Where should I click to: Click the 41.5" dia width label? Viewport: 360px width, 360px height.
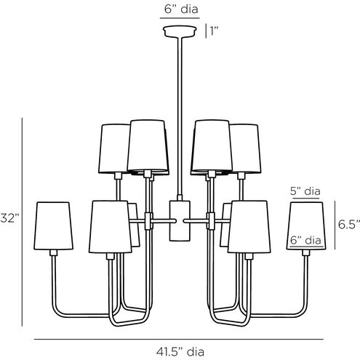click(x=180, y=352)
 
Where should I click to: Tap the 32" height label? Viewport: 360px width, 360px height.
click(x=9, y=218)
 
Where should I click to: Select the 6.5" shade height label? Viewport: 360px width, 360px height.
click(x=349, y=225)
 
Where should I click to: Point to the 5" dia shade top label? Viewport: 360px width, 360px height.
click(x=305, y=191)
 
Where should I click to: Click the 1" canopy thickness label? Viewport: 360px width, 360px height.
click(x=214, y=31)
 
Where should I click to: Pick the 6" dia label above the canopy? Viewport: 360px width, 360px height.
click(x=181, y=9)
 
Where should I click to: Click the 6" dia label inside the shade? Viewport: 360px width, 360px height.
click(x=305, y=240)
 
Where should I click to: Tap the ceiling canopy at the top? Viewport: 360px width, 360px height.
click(x=180, y=31)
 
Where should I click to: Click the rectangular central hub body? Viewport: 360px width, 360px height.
click(x=180, y=220)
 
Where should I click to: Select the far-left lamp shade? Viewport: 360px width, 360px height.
click(x=53, y=225)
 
